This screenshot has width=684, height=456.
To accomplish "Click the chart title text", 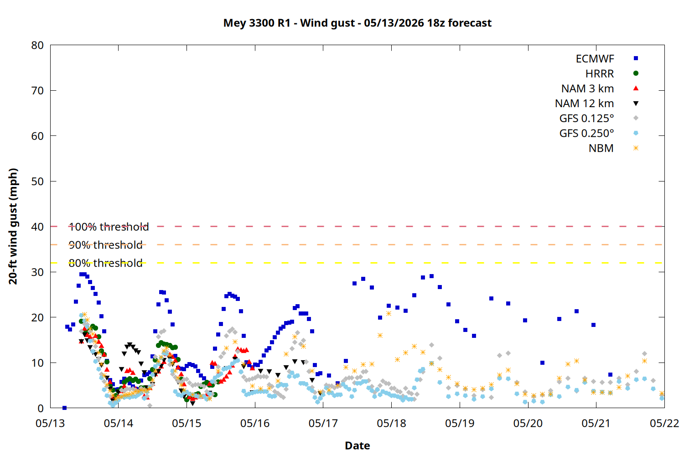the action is click(x=357, y=23).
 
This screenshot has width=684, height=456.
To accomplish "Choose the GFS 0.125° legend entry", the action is click(x=599, y=118).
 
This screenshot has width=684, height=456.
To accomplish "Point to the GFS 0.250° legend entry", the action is click(x=599, y=133).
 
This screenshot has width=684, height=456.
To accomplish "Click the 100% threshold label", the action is click(x=109, y=227).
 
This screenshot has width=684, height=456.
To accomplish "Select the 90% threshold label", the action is click(x=106, y=245).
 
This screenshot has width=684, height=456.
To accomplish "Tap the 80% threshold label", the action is click(x=106, y=263).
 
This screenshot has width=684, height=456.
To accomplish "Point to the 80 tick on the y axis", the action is click(x=37, y=46).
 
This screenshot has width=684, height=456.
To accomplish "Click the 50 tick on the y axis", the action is click(x=37, y=181).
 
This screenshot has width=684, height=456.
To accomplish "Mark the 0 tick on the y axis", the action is click(x=41, y=409).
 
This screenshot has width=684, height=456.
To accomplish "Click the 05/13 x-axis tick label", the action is click(x=50, y=423).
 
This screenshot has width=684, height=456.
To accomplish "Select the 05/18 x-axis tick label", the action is click(x=391, y=423).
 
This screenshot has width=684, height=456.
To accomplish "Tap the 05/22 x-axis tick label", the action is click(x=664, y=423).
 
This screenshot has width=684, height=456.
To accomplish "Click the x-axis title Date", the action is click(x=357, y=446).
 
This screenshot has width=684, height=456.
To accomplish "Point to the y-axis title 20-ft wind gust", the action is click(x=13, y=226).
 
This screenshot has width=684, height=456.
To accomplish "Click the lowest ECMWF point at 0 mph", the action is click(x=64, y=408).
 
